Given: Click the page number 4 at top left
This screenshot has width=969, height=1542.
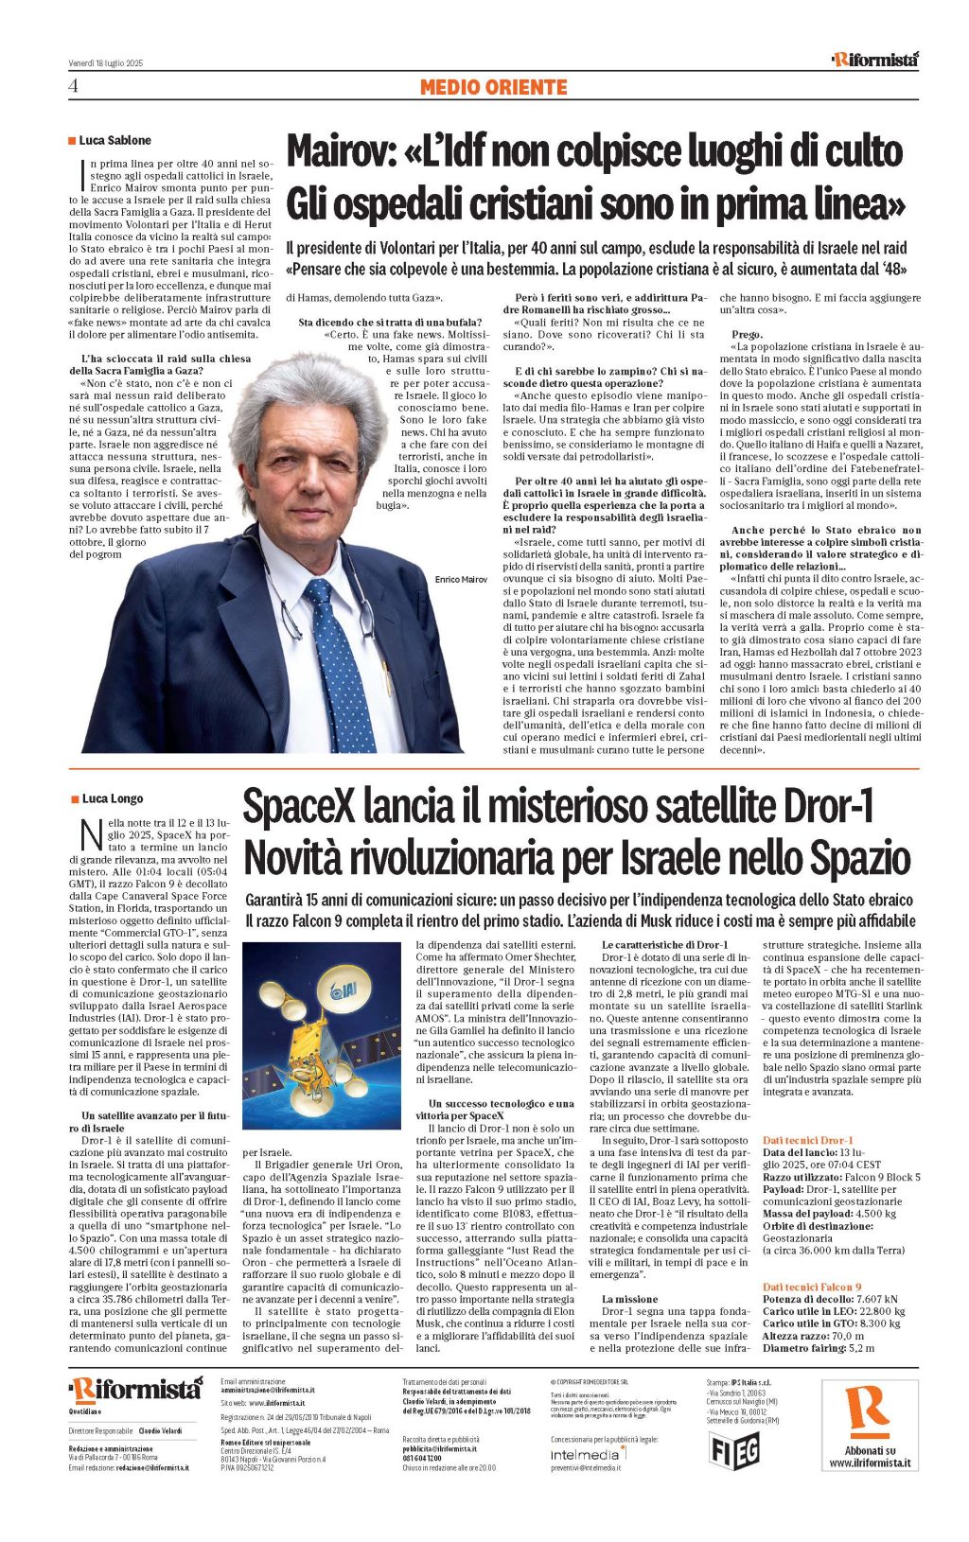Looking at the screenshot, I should pos(73,87).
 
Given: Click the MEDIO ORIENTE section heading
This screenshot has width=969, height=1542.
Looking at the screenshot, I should pos(493,87).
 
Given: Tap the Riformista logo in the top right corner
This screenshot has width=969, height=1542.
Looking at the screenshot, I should pos(874,60).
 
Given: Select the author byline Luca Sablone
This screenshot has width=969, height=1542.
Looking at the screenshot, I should pos(115,140).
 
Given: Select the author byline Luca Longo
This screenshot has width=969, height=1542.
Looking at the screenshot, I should pos(112,798).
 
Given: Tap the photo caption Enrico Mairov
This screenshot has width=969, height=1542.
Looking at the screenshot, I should pos(461,579).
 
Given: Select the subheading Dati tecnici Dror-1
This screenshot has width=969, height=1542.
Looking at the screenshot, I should pos(807,1140).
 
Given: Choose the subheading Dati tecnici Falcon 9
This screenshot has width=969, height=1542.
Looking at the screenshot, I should pos(812,1287).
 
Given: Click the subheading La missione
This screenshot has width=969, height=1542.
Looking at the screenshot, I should pos(629,1299).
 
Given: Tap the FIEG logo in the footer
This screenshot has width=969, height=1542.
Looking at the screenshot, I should pos(733,1448).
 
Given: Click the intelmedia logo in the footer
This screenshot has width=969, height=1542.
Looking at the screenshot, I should pos(586,1453).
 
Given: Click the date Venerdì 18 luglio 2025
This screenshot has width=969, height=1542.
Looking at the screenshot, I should pos(105,62).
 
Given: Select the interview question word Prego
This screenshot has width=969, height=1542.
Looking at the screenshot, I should pos(748,334).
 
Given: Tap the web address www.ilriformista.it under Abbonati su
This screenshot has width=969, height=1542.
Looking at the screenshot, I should pos(870,1463).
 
